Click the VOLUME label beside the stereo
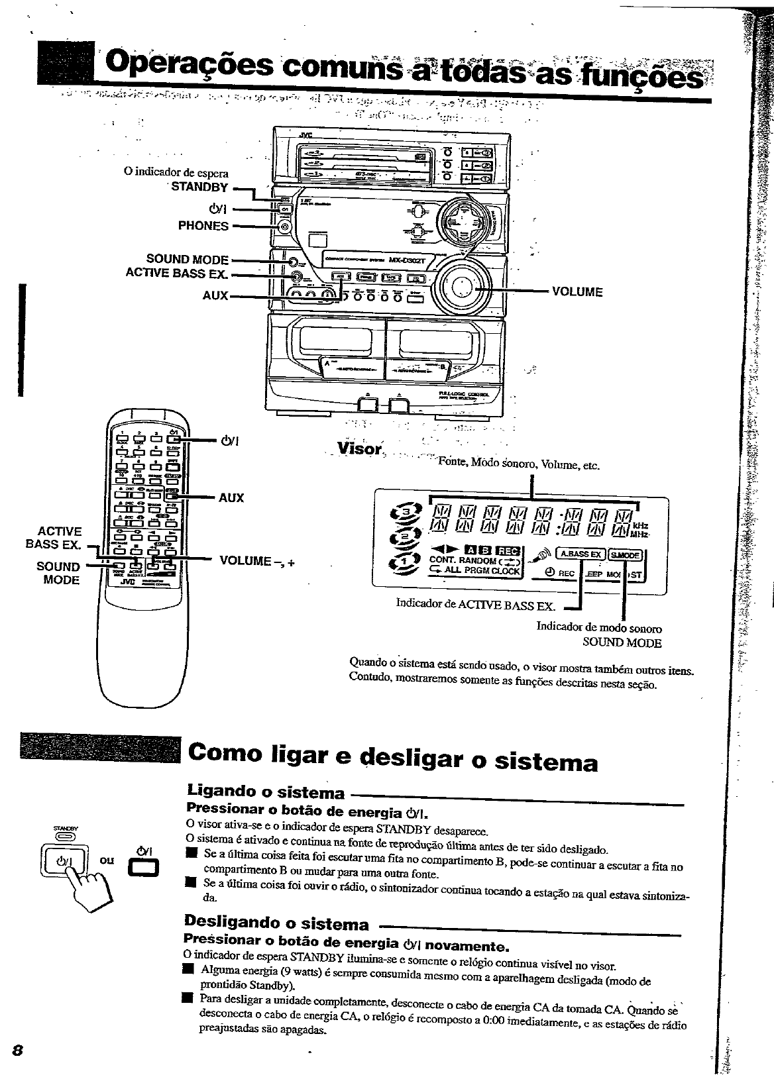click(x=577, y=291)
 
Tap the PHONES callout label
click(x=203, y=226)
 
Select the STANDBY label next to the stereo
click(x=199, y=187)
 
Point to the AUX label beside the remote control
click(x=231, y=497)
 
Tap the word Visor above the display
click(x=360, y=450)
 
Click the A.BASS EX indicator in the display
click(x=581, y=554)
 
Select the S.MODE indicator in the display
click(x=625, y=554)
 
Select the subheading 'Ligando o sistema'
click(x=266, y=792)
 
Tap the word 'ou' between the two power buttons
click(x=106, y=860)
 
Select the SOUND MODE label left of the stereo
click(x=187, y=260)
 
